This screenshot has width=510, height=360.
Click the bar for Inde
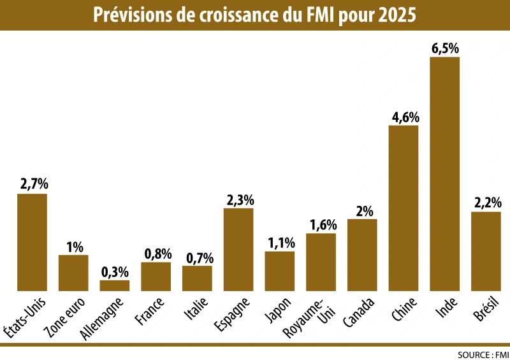click(444, 174)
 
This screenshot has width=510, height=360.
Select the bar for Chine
click(404, 208)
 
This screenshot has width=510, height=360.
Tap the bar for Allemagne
click(115, 285)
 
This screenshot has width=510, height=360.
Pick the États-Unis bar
click(32, 242)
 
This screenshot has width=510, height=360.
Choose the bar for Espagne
click(238, 250)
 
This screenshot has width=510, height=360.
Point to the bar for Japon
click(280, 271)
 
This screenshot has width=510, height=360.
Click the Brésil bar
click(486, 251)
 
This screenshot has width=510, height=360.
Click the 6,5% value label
click(444, 48)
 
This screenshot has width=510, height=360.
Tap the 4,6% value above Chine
click(404, 117)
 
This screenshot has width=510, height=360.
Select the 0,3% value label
click(115, 271)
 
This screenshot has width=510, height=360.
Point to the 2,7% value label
click(32, 185)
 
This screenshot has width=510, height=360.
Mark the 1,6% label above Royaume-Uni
click(321, 224)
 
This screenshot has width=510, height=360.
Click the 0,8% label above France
click(156, 254)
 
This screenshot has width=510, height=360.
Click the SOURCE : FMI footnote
click(481, 354)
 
